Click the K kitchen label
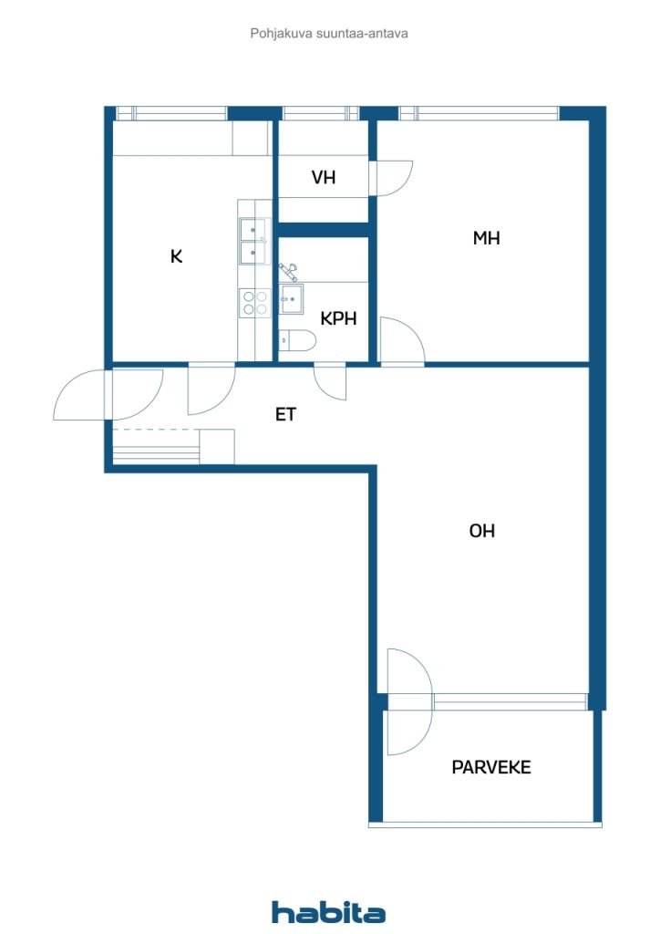(176, 256)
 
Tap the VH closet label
(324, 177)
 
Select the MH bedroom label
(486, 238)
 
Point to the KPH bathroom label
(338, 318)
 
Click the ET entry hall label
(285, 414)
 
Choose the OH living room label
(482, 530)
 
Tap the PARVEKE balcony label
(491, 766)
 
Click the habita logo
(328, 912)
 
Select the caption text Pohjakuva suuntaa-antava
(329, 34)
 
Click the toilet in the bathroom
(297, 340)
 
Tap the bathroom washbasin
(292, 298)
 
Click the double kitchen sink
(254, 241)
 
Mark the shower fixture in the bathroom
(289, 272)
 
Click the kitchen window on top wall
(171, 113)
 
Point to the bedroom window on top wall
(480, 113)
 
